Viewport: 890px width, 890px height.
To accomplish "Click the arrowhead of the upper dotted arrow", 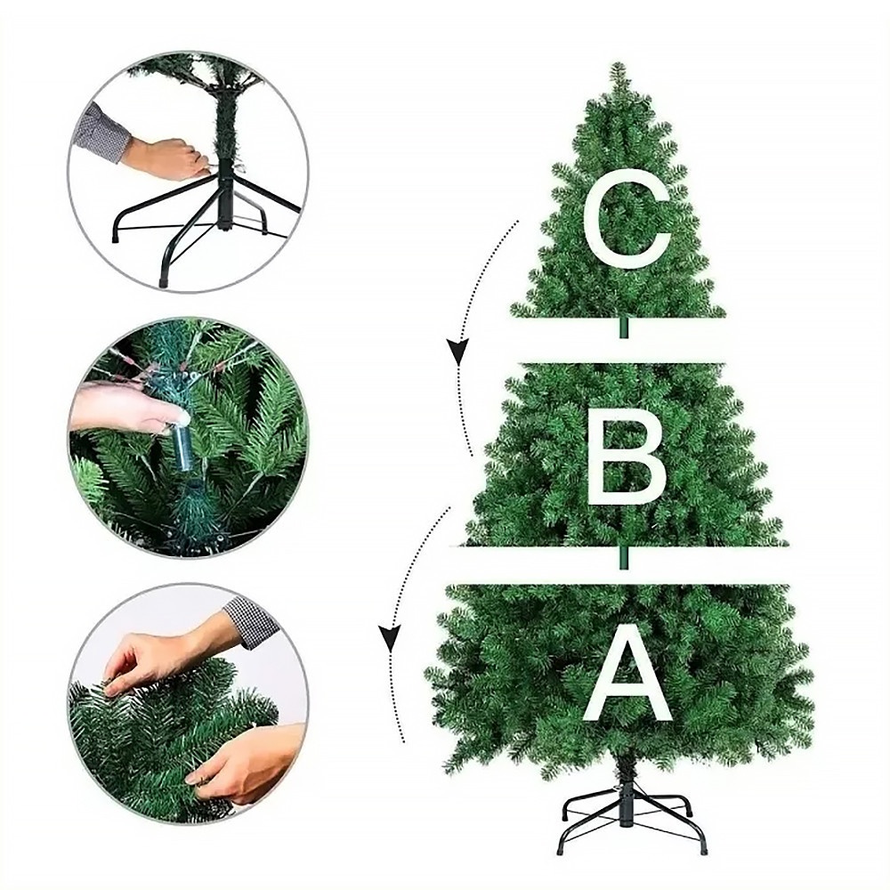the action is click(457, 351).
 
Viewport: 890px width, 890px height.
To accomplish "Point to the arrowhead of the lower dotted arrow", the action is click(390, 637).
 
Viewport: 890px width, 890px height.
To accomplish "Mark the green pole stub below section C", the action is click(624, 328).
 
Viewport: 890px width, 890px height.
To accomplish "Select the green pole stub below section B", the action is click(624, 557).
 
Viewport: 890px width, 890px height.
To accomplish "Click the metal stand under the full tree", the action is click(632, 815).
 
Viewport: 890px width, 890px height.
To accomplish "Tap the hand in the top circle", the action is click(165, 158).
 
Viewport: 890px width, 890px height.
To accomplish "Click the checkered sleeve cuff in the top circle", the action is click(101, 133).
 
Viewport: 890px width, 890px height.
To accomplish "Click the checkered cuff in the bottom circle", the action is click(252, 622).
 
